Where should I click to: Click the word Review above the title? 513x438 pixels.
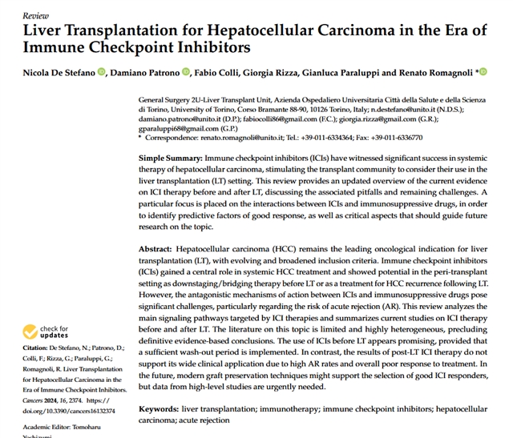click(x=36, y=14)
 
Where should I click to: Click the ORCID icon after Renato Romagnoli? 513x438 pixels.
click(x=483, y=73)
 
